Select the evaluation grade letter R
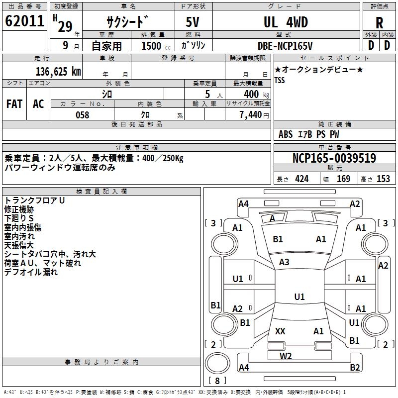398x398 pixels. pyautogui.click(x=379, y=22)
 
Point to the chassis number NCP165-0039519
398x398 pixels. pyautogui.click(x=334, y=159)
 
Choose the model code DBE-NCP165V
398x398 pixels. pyautogui.click(x=286, y=46)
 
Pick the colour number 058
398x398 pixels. pyautogui.click(x=82, y=115)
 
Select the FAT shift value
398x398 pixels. pyautogui.click(x=14, y=104)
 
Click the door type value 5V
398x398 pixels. pyautogui.click(x=194, y=22)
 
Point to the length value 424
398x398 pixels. pyautogui.click(x=301, y=179)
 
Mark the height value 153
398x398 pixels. pyautogui.click(x=383, y=179)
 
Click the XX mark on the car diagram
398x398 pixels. pyautogui.click(x=280, y=331)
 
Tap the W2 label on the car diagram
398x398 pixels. pyautogui.click(x=286, y=356)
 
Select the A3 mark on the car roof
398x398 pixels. pyautogui.click(x=284, y=262)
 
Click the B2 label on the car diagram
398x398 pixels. pyautogui.click(x=355, y=368)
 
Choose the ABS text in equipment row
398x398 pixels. pyautogui.click(x=286, y=134)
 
